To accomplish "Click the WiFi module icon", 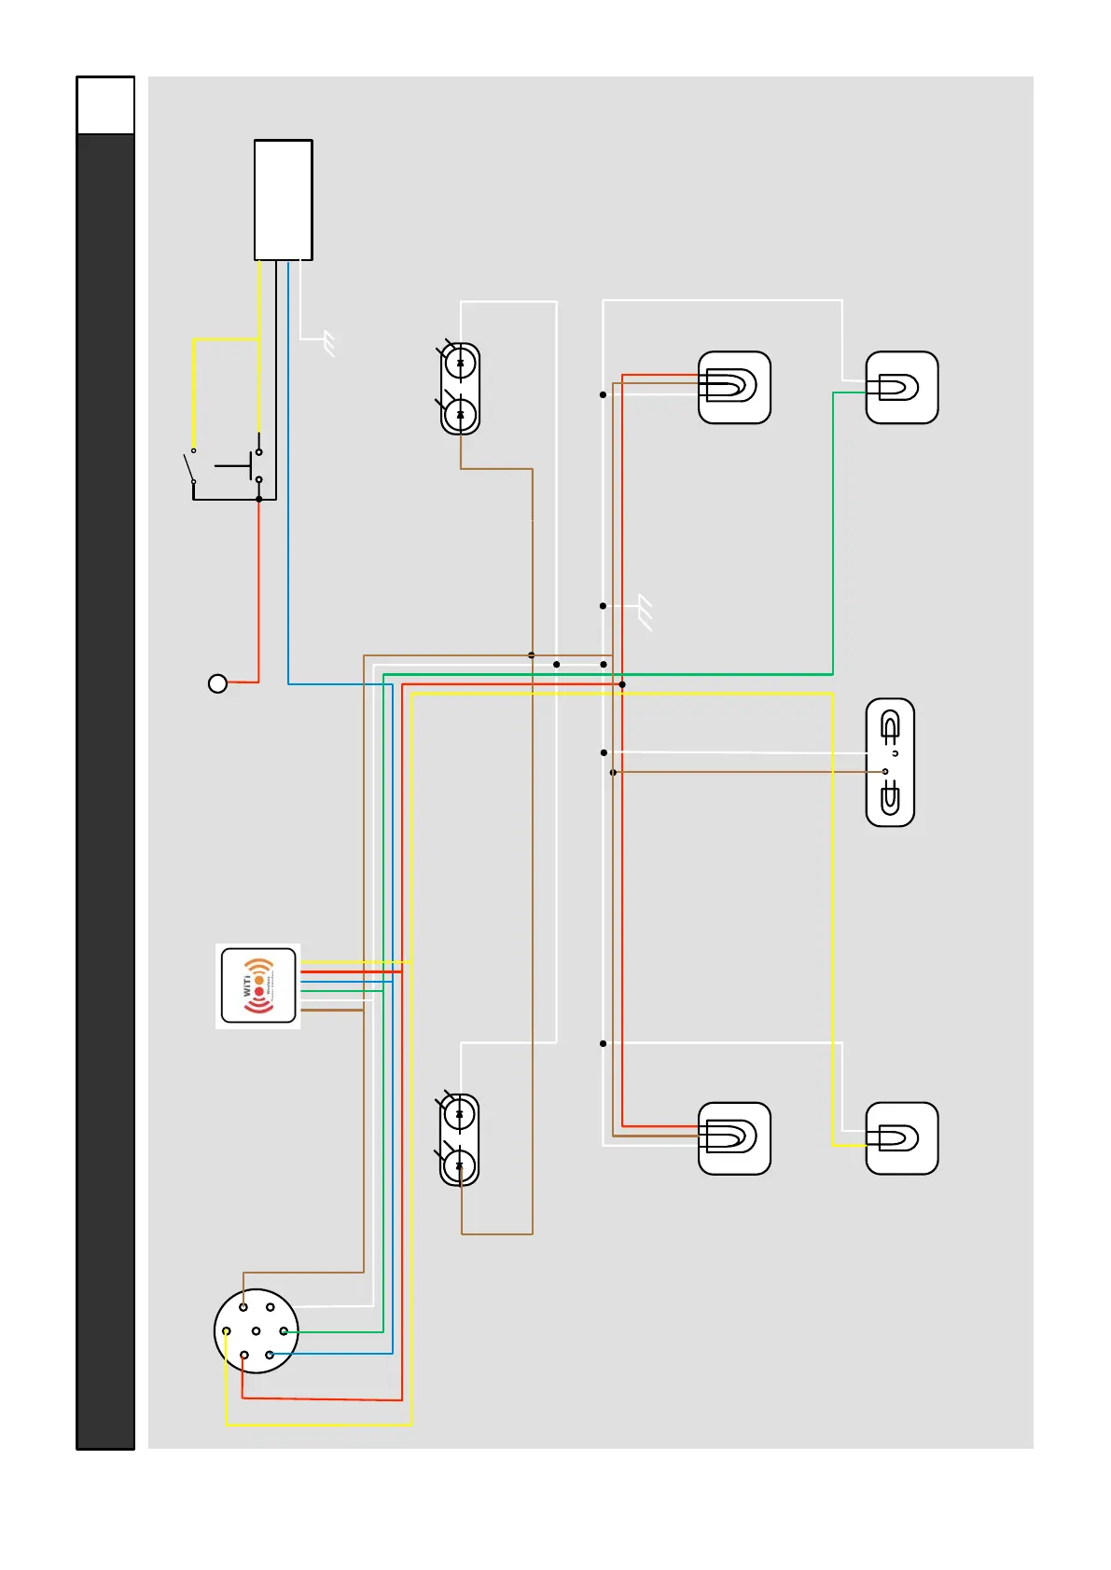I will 258,985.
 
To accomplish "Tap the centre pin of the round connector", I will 256,1330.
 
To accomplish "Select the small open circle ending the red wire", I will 217,683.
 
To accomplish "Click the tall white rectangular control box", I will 283,200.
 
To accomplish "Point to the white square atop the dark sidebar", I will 105,105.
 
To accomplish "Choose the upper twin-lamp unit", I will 460,389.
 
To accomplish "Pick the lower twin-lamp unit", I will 459,1139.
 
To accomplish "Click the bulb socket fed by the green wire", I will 901,388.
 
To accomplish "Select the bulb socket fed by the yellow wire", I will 901,1138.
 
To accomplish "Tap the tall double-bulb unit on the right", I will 890,762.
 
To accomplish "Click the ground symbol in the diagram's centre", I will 645,613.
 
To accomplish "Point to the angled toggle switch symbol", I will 190,466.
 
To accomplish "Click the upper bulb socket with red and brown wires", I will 734,387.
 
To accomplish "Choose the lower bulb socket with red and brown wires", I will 734,1138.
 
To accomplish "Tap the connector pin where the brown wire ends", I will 243,1307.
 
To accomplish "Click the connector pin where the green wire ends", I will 284,1331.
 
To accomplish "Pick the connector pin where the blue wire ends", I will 270,1355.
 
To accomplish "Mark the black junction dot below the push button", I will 258,499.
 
